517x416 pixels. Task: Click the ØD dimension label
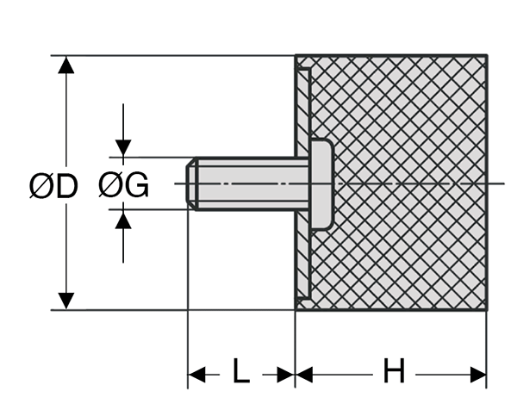53,185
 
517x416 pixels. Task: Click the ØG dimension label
123,185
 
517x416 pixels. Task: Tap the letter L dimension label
241,373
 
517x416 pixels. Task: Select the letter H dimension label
393,373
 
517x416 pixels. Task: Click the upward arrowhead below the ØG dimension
123,220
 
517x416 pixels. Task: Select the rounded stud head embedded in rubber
321,183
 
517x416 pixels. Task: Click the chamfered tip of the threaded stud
193,183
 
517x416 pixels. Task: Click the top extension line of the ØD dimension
172,56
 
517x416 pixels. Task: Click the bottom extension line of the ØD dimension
172,310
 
